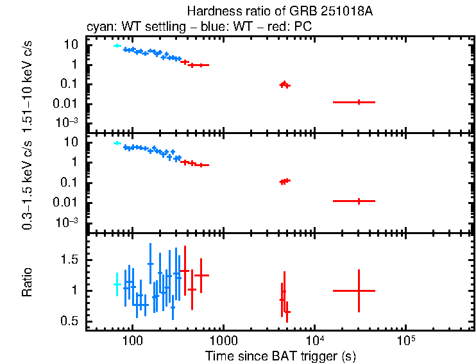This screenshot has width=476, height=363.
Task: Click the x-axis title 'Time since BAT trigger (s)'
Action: tap(280, 355)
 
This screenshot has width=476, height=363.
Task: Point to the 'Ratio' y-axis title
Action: tap(28, 282)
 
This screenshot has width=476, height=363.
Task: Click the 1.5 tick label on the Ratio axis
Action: tap(70, 260)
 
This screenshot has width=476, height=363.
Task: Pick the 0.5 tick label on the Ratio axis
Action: tap(70, 321)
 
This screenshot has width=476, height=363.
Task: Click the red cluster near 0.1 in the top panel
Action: tap(284, 84)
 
